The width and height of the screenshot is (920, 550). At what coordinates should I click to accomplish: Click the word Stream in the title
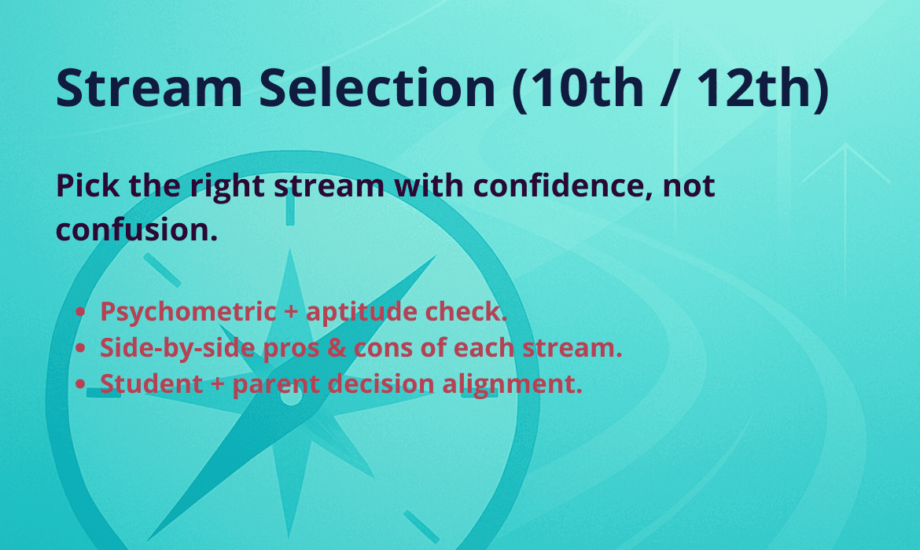(149, 88)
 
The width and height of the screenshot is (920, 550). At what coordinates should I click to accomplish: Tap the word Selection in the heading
(377, 88)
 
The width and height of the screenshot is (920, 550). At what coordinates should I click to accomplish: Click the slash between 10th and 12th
(669, 88)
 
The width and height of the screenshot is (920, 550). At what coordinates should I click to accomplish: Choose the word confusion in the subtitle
(132, 230)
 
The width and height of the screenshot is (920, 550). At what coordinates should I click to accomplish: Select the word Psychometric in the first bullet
(188, 312)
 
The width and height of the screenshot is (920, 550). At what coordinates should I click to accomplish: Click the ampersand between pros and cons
(337, 348)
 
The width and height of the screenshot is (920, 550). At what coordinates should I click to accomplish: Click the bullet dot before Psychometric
(81, 312)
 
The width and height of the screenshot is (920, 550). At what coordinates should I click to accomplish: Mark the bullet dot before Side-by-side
(81, 348)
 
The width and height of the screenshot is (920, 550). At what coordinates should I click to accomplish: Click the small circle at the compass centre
(290, 396)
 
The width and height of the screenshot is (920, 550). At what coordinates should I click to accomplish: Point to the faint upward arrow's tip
(845, 145)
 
